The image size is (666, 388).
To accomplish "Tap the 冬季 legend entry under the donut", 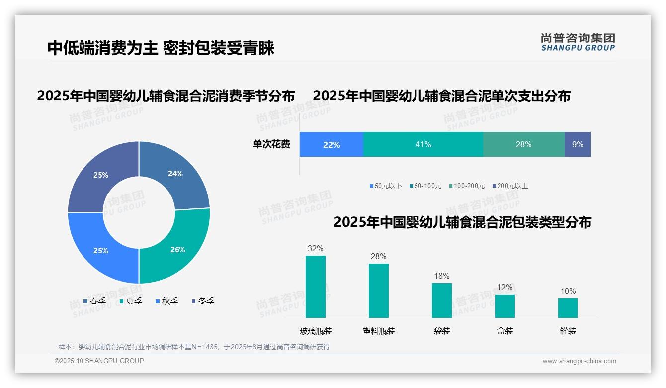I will [x=203, y=301].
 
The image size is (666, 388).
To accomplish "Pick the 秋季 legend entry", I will [x=166, y=301].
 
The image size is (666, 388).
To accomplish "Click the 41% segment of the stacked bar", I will [x=423, y=144].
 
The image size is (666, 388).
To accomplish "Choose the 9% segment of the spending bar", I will [x=578, y=144].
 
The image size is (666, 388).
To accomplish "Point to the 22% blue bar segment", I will [x=332, y=144].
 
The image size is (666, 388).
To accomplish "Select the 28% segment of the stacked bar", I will [x=523, y=144].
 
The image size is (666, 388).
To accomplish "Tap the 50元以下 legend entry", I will [x=386, y=186].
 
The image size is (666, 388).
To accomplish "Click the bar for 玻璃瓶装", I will [x=316, y=287].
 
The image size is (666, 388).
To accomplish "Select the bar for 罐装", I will [x=568, y=308].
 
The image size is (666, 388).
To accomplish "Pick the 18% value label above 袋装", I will [x=441, y=276].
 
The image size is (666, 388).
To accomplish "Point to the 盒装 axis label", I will [x=505, y=331].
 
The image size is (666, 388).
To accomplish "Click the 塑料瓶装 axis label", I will [x=379, y=331].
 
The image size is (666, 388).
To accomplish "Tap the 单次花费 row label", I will [x=271, y=144].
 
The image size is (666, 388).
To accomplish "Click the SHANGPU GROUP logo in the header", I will [x=578, y=42].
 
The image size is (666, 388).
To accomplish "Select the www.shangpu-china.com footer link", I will [x=579, y=361].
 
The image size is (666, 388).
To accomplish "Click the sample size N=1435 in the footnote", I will [x=203, y=347].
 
